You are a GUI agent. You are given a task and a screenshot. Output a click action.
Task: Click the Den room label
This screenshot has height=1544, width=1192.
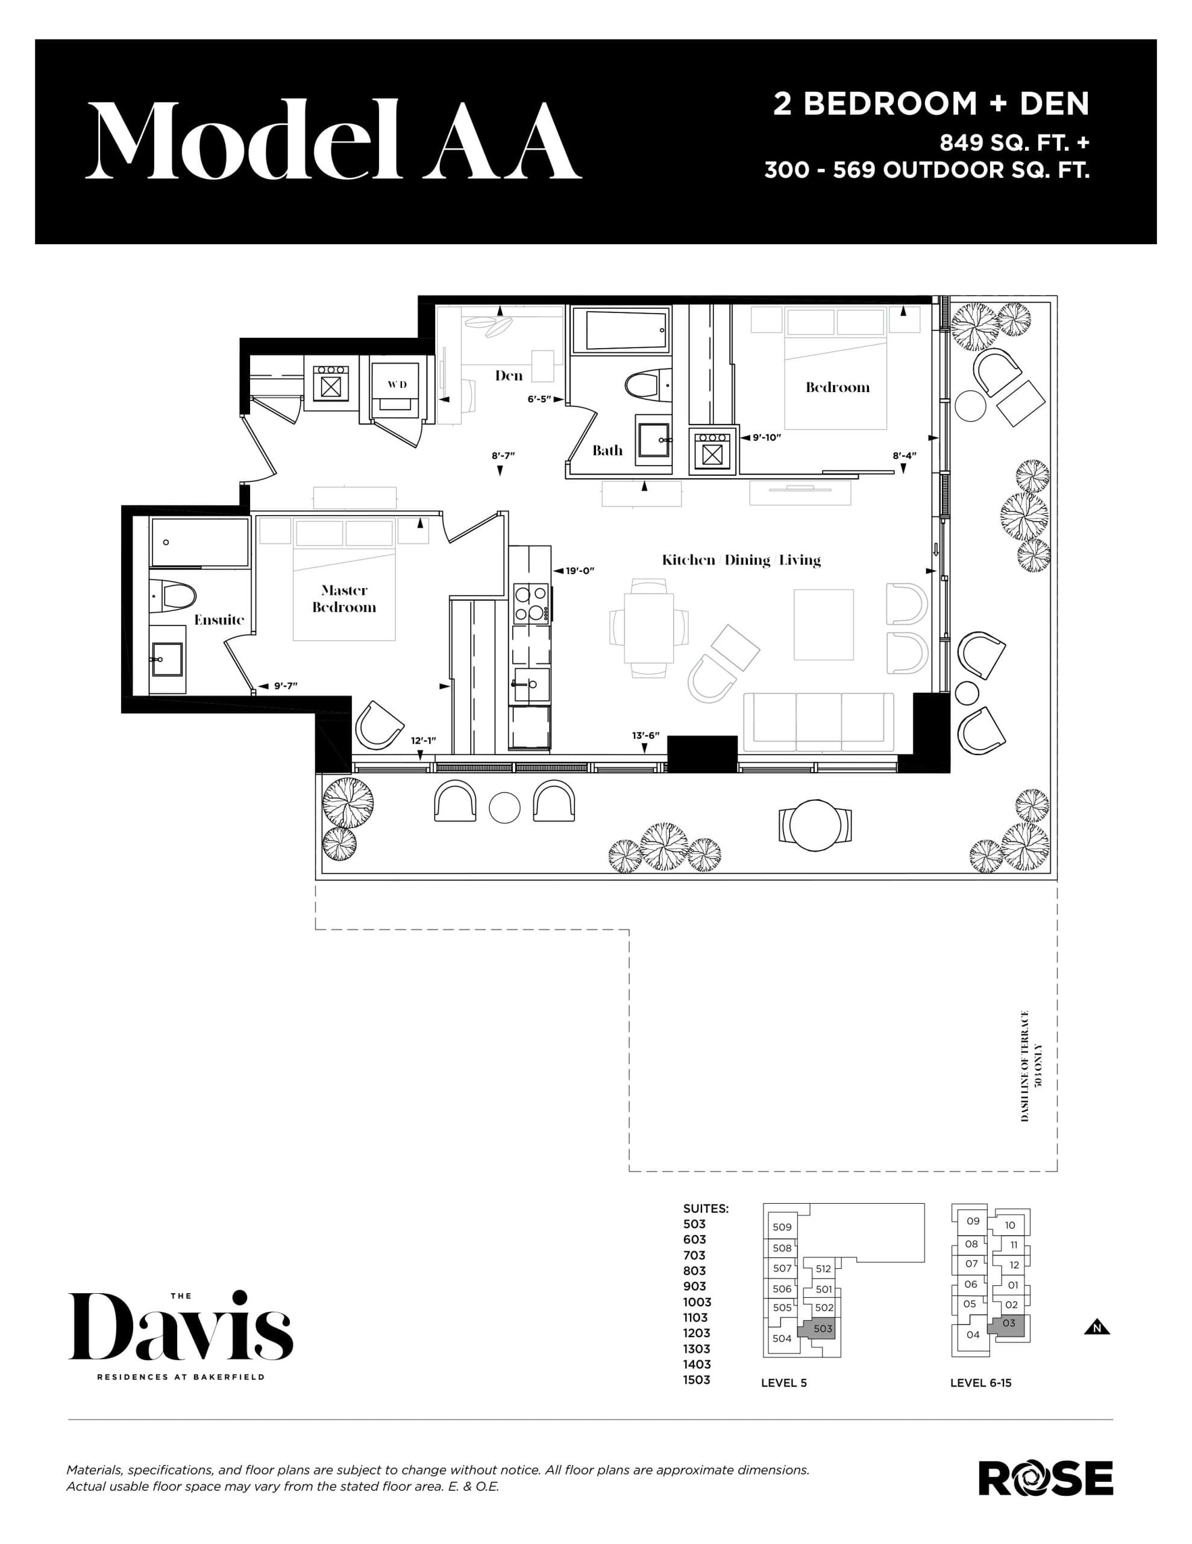508,375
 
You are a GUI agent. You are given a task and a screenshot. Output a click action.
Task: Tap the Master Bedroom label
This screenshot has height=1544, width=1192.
344,598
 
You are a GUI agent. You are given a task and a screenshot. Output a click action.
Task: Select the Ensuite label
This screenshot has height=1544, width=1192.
219,620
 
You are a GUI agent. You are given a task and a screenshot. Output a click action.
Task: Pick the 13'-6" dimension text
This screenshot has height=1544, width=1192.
645,736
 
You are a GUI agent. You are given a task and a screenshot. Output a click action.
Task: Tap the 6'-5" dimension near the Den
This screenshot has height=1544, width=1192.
539,399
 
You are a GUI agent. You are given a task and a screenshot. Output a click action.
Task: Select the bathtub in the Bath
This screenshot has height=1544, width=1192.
620,329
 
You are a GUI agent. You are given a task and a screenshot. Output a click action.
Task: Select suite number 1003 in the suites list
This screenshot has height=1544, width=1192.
697,1302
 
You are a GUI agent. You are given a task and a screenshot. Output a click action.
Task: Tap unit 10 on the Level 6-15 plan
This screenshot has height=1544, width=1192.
1009,1225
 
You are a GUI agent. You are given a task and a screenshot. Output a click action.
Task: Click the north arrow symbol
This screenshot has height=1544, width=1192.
1097,1327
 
